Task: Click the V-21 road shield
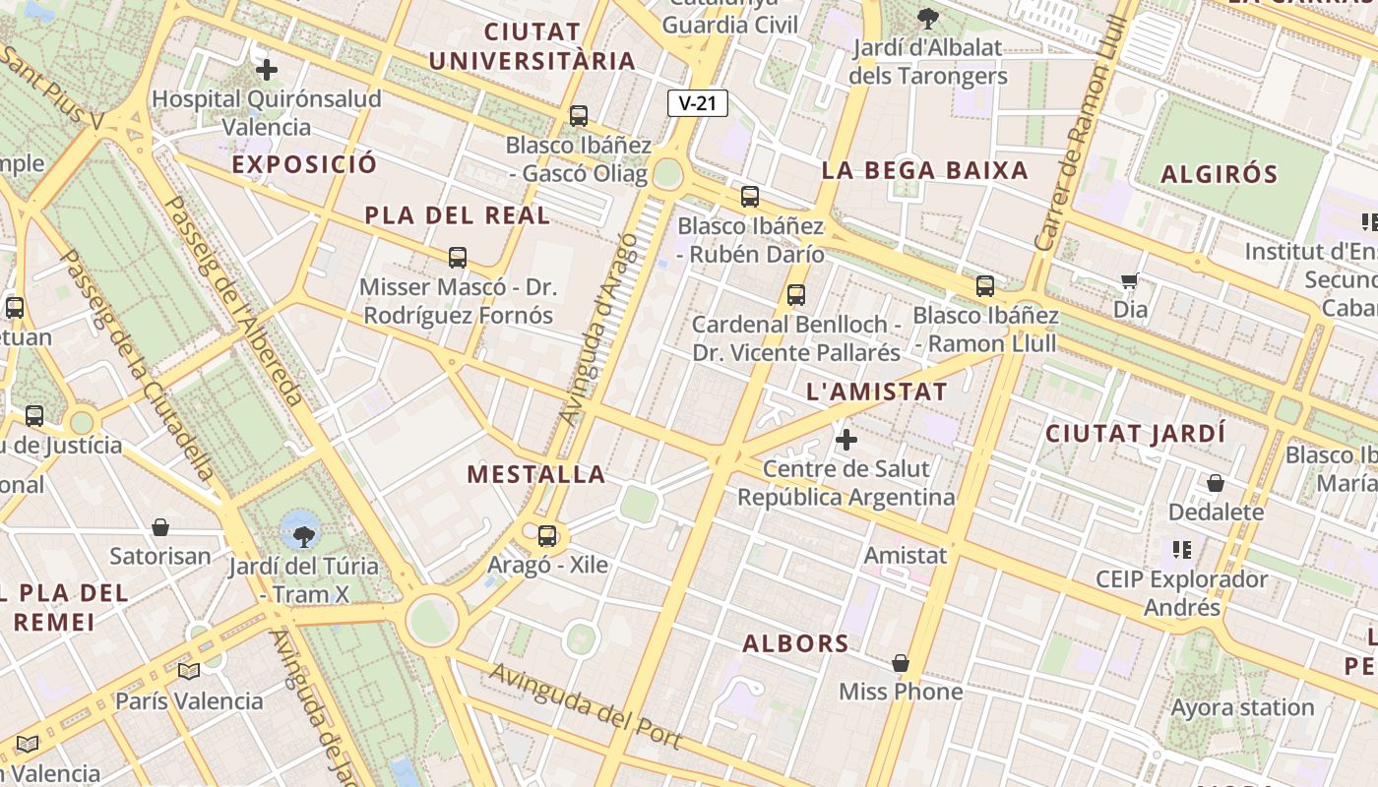(697, 103)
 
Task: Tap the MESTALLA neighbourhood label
(536, 474)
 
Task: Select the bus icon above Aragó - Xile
(547, 536)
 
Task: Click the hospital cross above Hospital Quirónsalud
(266, 70)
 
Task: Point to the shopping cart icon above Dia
(1130, 281)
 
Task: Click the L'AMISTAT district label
(876, 392)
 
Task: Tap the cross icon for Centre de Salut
(846, 440)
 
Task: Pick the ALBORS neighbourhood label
(795, 644)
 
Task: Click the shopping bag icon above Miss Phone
(900, 663)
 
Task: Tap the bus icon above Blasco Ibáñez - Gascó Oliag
(579, 116)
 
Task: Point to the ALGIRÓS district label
(1220, 175)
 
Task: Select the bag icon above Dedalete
(1216, 483)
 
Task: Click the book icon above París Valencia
(189, 672)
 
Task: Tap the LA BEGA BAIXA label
(924, 170)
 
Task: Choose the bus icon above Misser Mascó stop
(458, 258)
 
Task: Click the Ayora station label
(1242, 707)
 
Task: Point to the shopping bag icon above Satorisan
(160, 528)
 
